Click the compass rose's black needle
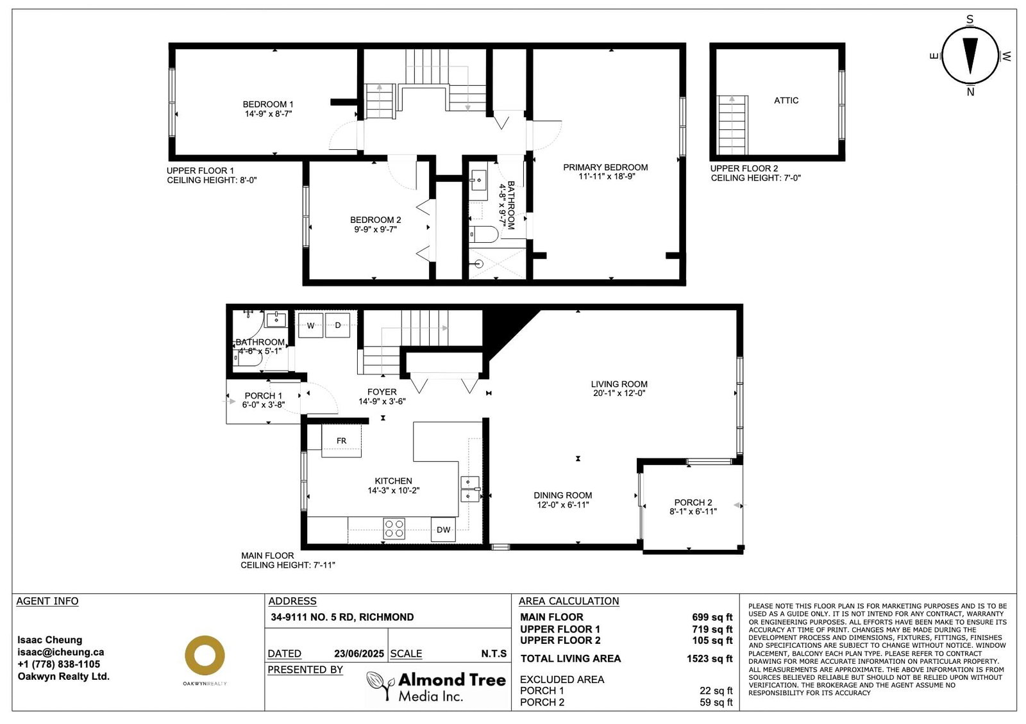pyautogui.click(x=970, y=55)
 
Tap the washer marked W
pyautogui.click(x=310, y=325)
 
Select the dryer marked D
pyautogui.click(x=337, y=325)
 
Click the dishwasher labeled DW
pyautogui.click(x=443, y=529)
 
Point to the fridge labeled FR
pyautogui.click(x=341, y=441)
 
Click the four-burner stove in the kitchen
pyautogui.click(x=394, y=529)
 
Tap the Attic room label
pyautogui.click(x=786, y=100)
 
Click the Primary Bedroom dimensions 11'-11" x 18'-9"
pyautogui.click(x=607, y=176)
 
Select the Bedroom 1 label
pyautogui.click(x=268, y=104)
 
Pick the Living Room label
pyautogui.click(x=619, y=384)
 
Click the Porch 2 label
pyautogui.click(x=693, y=502)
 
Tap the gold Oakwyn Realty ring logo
pyautogui.click(x=205, y=655)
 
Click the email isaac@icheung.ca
pyautogui.click(x=60, y=652)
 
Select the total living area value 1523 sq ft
pyautogui.click(x=709, y=659)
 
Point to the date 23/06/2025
pyautogui.click(x=358, y=654)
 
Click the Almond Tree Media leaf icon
pyautogui.click(x=381, y=685)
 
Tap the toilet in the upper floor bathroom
pyautogui.click(x=484, y=234)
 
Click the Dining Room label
pyautogui.click(x=562, y=495)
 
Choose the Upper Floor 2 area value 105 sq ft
pyautogui.click(x=712, y=640)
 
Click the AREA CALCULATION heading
pyautogui.click(x=568, y=601)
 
